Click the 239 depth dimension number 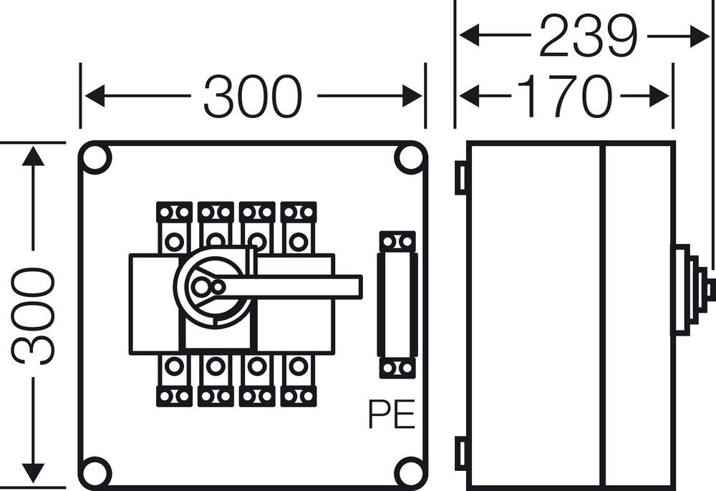click(x=587, y=36)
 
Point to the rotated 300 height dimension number click(x=33, y=316)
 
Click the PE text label click(x=392, y=414)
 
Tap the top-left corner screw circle click(x=95, y=159)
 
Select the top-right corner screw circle click(x=410, y=159)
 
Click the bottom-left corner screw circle click(x=95, y=471)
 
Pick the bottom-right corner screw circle click(x=410, y=471)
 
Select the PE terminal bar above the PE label click(x=397, y=304)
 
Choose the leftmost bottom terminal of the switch click(x=174, y=380)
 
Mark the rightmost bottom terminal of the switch click(x=299, y=380)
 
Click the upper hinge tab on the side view click(x=461, y=178)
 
